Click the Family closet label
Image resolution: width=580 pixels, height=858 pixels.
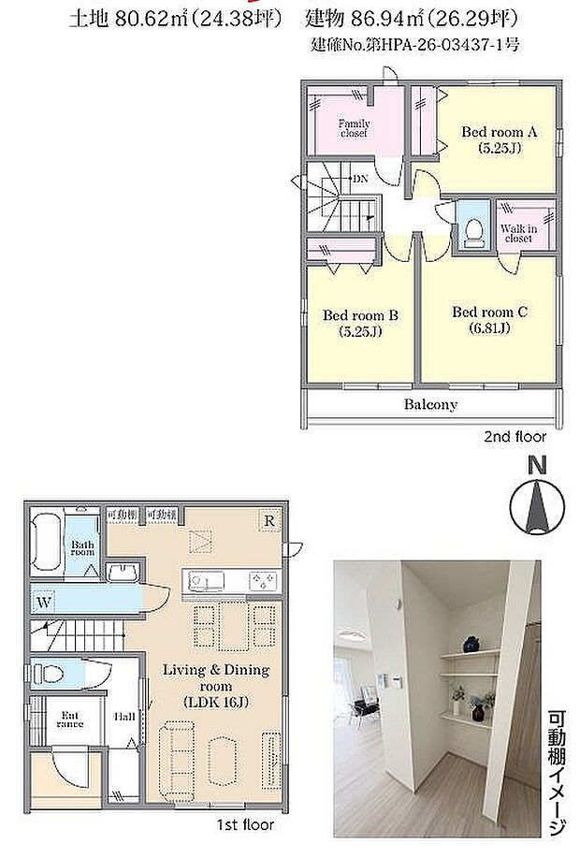point(353,128)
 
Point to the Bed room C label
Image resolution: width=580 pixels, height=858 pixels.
point(489,318)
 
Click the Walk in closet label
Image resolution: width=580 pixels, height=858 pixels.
point(516,233)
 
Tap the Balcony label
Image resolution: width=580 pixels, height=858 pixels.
point(430,405)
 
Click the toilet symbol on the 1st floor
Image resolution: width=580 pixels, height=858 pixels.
point(49,673)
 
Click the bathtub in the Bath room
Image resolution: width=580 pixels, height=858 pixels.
point(45,542)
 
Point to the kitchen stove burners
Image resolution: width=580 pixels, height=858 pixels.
point(262,582)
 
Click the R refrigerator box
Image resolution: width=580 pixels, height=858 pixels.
point(268,520)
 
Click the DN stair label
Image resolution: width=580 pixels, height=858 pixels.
point(359,179)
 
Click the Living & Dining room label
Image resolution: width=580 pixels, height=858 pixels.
point(216,685)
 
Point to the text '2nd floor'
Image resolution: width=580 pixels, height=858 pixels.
point(515,436)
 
